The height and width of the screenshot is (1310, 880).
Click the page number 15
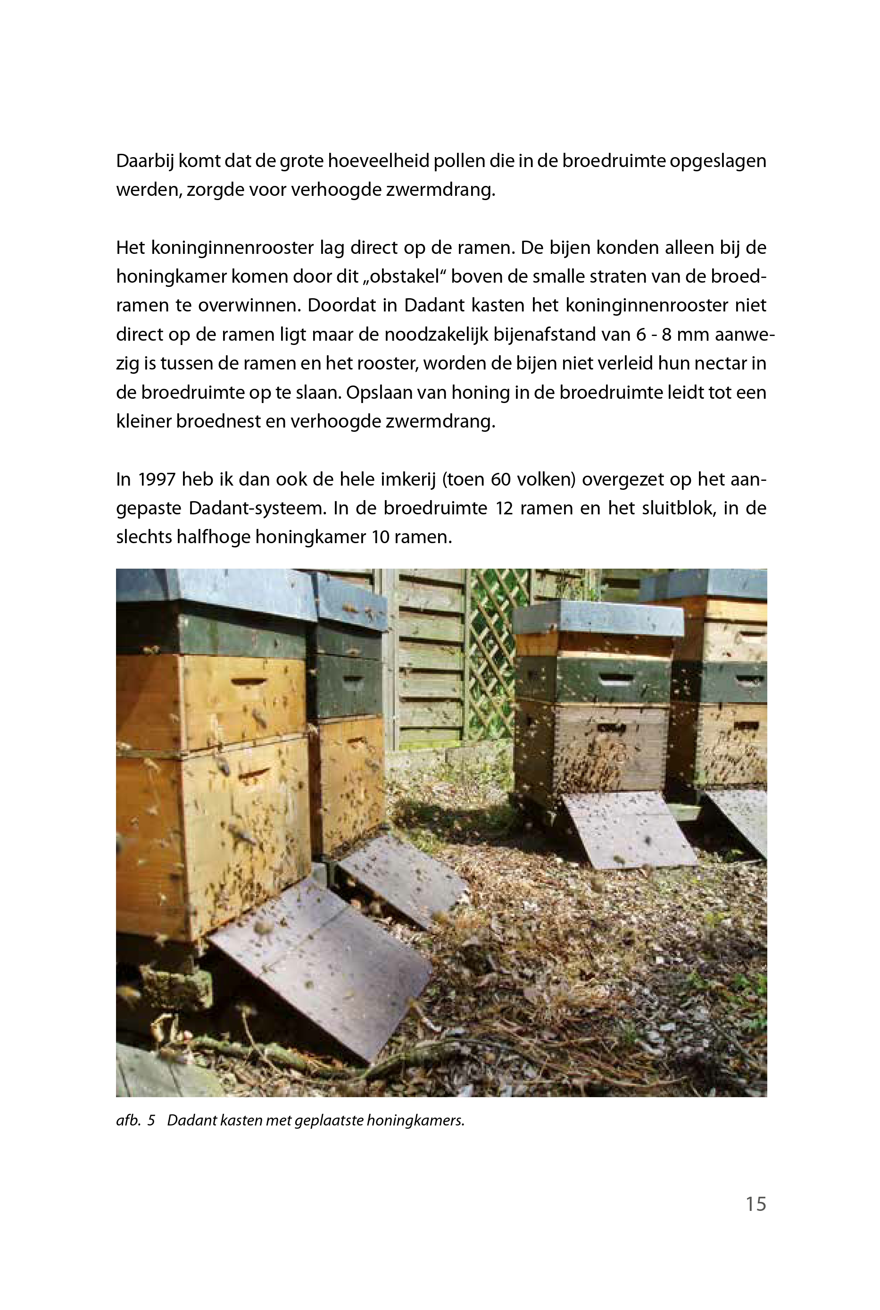(755, 1204)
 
